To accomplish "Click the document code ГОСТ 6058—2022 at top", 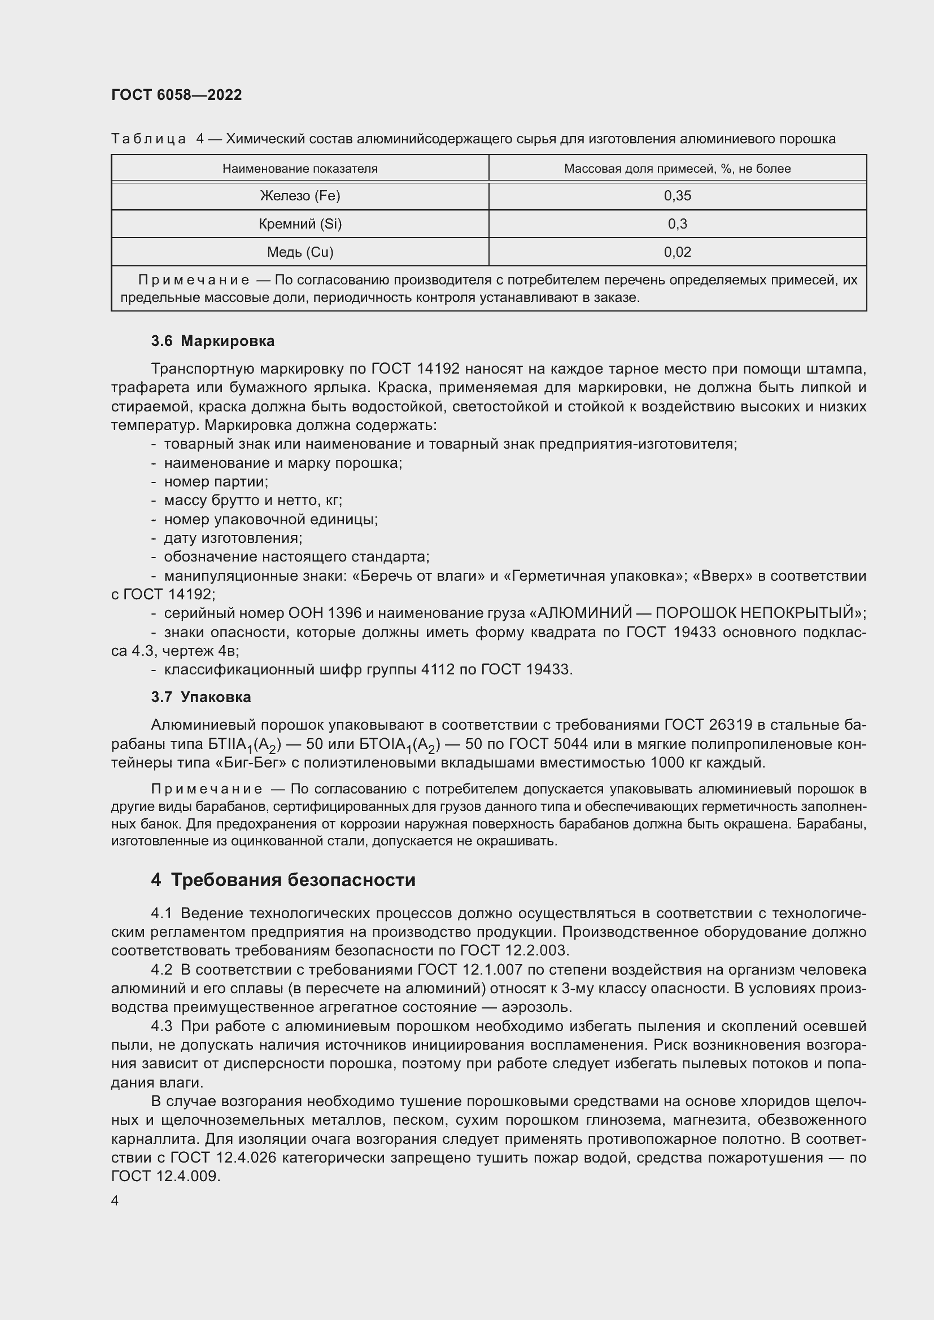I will (x=177, y=95).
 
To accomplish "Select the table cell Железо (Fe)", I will (x=300, y=196).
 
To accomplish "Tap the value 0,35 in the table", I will (x=677, y=196).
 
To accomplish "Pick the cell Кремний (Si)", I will (x=300, y=224).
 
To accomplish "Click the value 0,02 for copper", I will (x=677, y=252).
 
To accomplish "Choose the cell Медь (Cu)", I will (x=300, y=252).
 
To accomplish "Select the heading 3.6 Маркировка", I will (x=213, y=341).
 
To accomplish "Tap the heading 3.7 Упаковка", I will (x=200, y=698).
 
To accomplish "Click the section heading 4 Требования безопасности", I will (x=283, y=880).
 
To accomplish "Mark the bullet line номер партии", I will (x=216, y=482).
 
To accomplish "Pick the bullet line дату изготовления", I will (x=233, y=538).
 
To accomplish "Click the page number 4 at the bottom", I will (x=115, y=1201).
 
